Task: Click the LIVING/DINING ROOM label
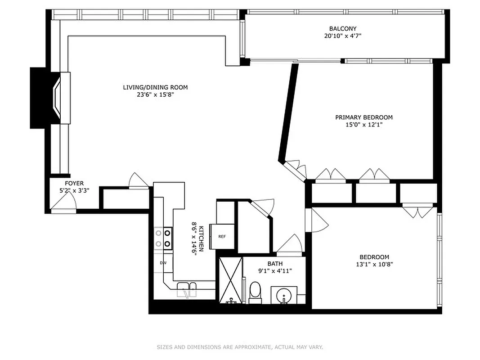(x=155, y=87)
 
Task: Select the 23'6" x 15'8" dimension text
(x=155, y=95)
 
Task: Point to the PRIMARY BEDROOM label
(x=363, y=117)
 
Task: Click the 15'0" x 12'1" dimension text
(x=363, y=125)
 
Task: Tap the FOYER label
(x=74, y=183)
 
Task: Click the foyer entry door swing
(x=63, y=204)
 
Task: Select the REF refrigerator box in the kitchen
(x=222, y=236)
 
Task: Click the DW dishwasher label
(x=163, y=262)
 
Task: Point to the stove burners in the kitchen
(x=163, y=238)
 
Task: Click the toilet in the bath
(x=255, y=291)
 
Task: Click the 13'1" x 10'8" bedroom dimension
(x=371, y=265)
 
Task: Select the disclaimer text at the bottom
(x=240, y=347)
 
